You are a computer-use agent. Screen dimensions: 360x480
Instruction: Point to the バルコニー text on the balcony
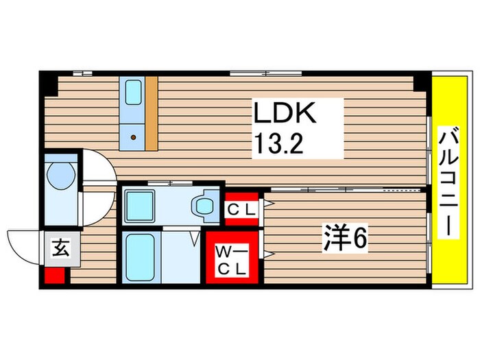(449, 182)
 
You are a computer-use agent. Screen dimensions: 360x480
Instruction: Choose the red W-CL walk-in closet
(232, 259)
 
